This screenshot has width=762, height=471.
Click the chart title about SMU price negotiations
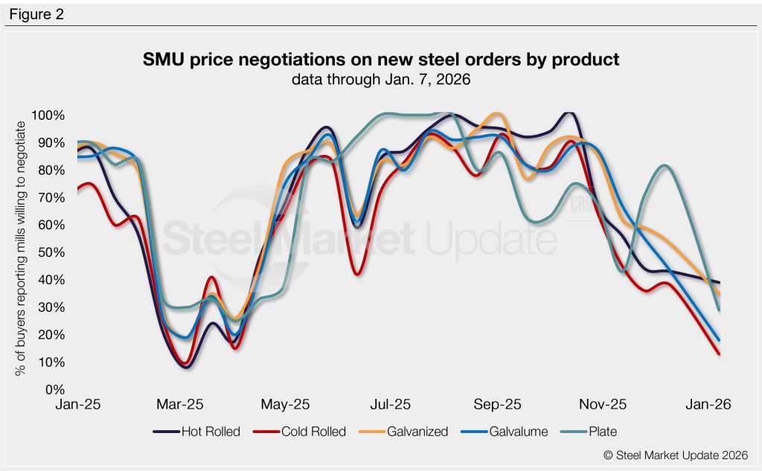381,60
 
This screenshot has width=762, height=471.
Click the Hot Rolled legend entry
196,432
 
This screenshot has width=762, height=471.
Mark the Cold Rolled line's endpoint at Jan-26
719,353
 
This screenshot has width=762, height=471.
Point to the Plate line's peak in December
665,165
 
